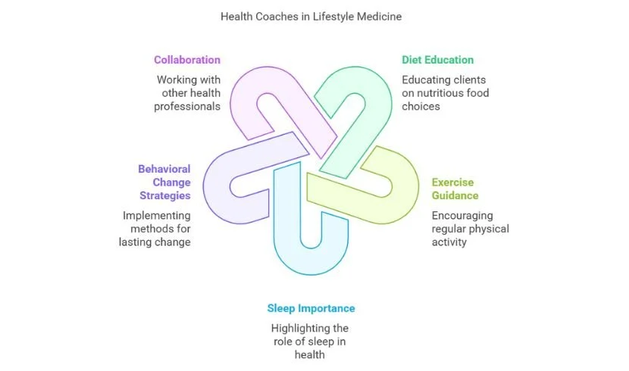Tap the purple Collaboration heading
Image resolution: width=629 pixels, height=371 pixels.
[187, 60]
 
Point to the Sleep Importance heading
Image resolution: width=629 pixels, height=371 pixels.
[311, 308]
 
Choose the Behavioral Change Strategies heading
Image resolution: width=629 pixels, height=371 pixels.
[164, 182]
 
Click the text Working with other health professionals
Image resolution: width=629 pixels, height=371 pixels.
[188, 92]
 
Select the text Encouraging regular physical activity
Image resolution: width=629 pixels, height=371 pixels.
[470, 229]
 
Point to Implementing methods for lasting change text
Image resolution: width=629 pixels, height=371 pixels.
[158, 229]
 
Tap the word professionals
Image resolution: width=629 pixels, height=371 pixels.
[188, 106]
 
